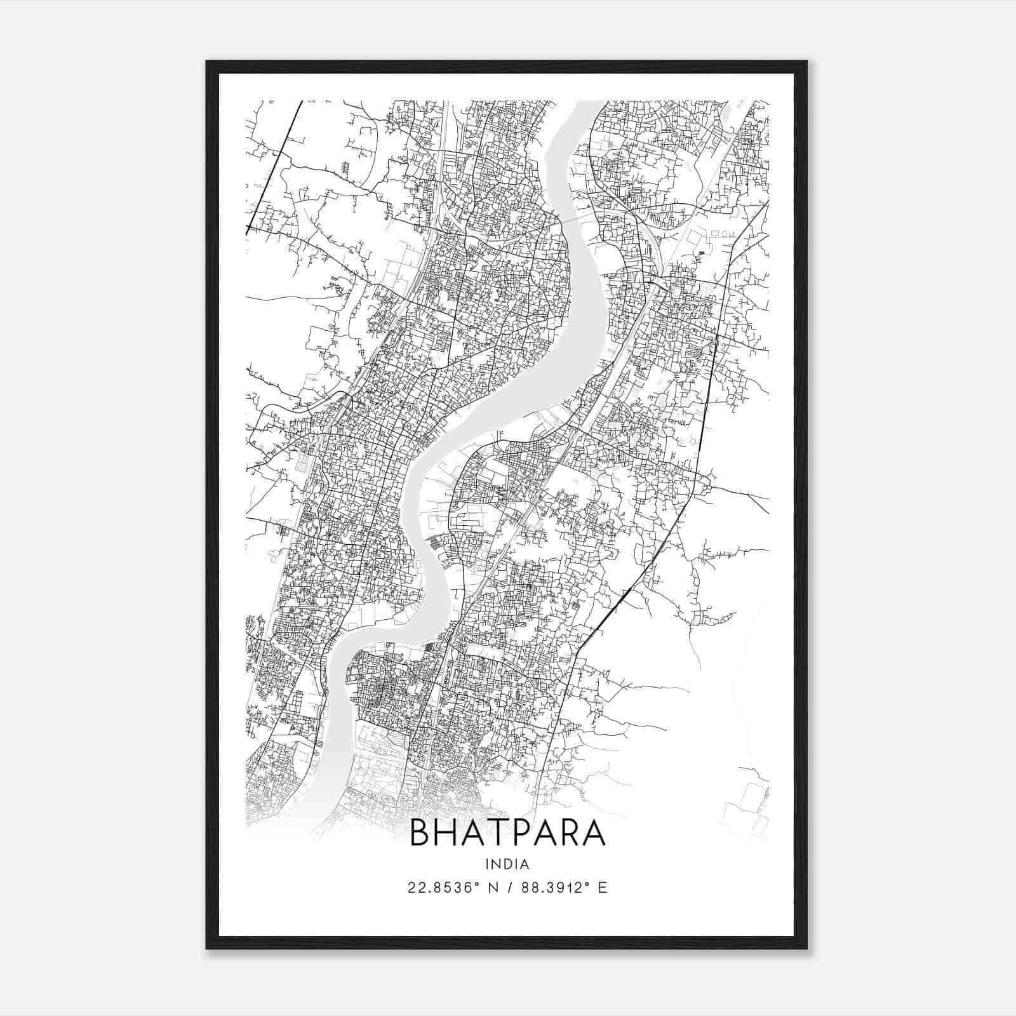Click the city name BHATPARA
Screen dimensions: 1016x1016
click(x=507, y=833)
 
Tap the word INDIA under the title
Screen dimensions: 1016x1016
click(x=507, y=864)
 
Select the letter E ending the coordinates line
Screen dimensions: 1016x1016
click(x=603, y=888)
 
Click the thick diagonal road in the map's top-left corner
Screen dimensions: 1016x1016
click(x=273, y=165)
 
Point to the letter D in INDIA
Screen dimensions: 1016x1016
click(x=508, y=864)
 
